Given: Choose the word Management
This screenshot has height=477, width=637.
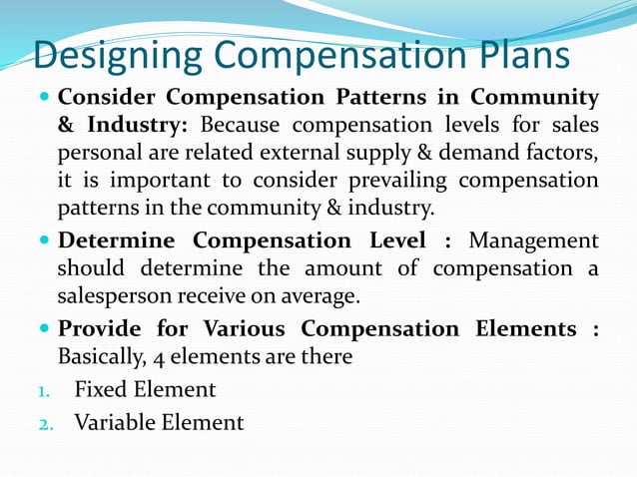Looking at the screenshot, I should click(x=534, y=241).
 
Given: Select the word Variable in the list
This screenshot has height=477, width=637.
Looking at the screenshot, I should click(x=116, y=422).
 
